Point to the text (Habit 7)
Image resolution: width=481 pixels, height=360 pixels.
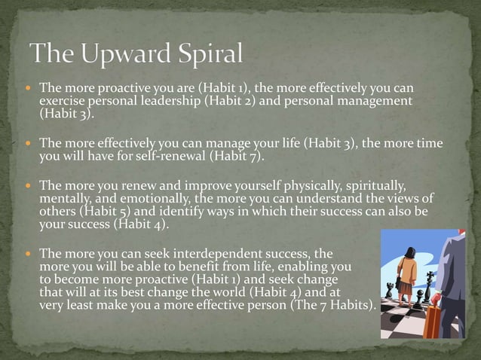pyautogui.click(x=237, y=157)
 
